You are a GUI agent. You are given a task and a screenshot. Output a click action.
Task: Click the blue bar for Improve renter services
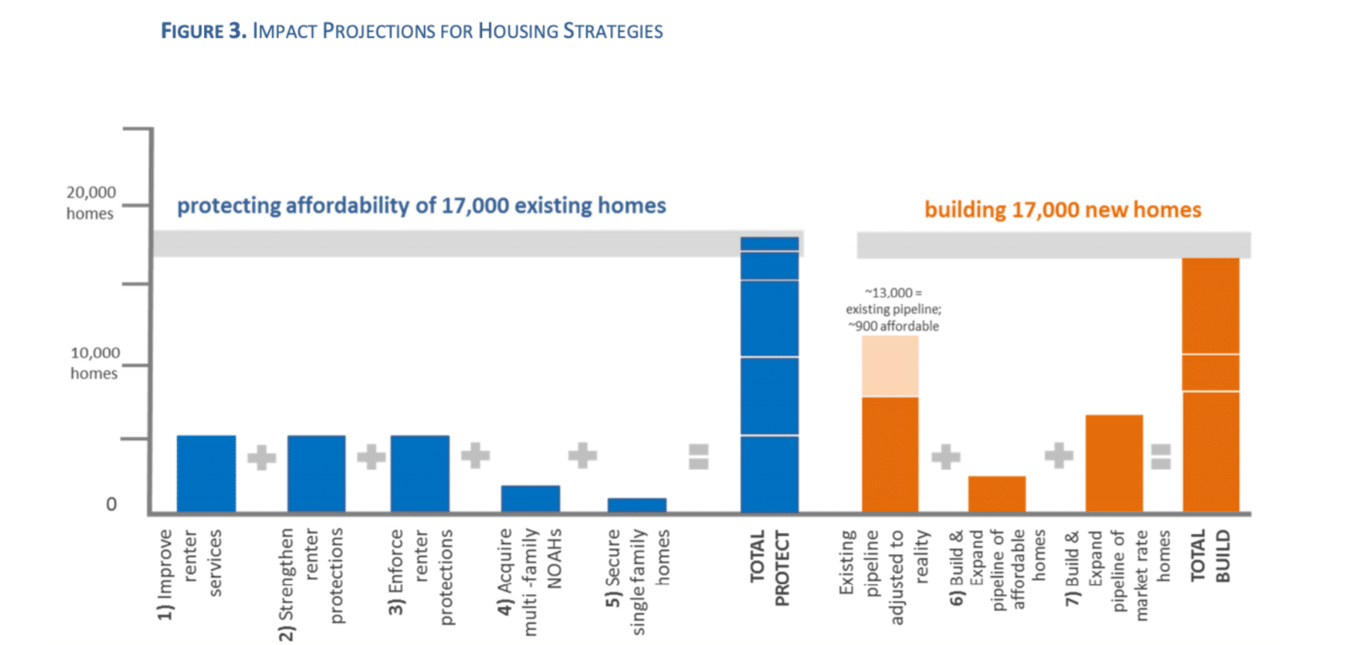[x=206, y=473]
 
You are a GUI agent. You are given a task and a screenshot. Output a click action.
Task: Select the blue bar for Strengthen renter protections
[x=316, y=473]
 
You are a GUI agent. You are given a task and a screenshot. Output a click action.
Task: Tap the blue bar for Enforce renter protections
[x=420, y=473]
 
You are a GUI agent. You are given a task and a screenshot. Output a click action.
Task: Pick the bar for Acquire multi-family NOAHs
[x=530, y=498]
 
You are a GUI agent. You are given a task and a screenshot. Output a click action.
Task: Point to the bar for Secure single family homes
[x=637, y=504]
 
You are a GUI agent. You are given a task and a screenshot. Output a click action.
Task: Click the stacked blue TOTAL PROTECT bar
[x=770, y=375]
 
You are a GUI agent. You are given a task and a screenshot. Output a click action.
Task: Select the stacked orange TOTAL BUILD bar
[x=1210, y=385]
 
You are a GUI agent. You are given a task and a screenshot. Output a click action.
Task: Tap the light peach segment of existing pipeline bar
[x=890, y=366]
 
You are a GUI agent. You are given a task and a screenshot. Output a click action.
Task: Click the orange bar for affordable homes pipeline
[x=997, y=494]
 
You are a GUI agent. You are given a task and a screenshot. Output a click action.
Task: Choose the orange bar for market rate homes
[x=1114, y=463]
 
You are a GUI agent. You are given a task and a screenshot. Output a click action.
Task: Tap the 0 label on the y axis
[x=111, y=505]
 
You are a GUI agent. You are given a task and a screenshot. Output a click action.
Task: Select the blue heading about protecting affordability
[x=421, y=207]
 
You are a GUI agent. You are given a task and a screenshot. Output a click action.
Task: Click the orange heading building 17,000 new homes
[x=1063, y=210]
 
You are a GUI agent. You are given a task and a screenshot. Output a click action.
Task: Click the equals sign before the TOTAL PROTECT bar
[x=698, y=456]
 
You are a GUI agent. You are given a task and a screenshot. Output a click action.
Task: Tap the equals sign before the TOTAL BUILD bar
[x=1161, y=456]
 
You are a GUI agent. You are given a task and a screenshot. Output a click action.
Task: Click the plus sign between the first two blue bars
[x=261, y=458]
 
